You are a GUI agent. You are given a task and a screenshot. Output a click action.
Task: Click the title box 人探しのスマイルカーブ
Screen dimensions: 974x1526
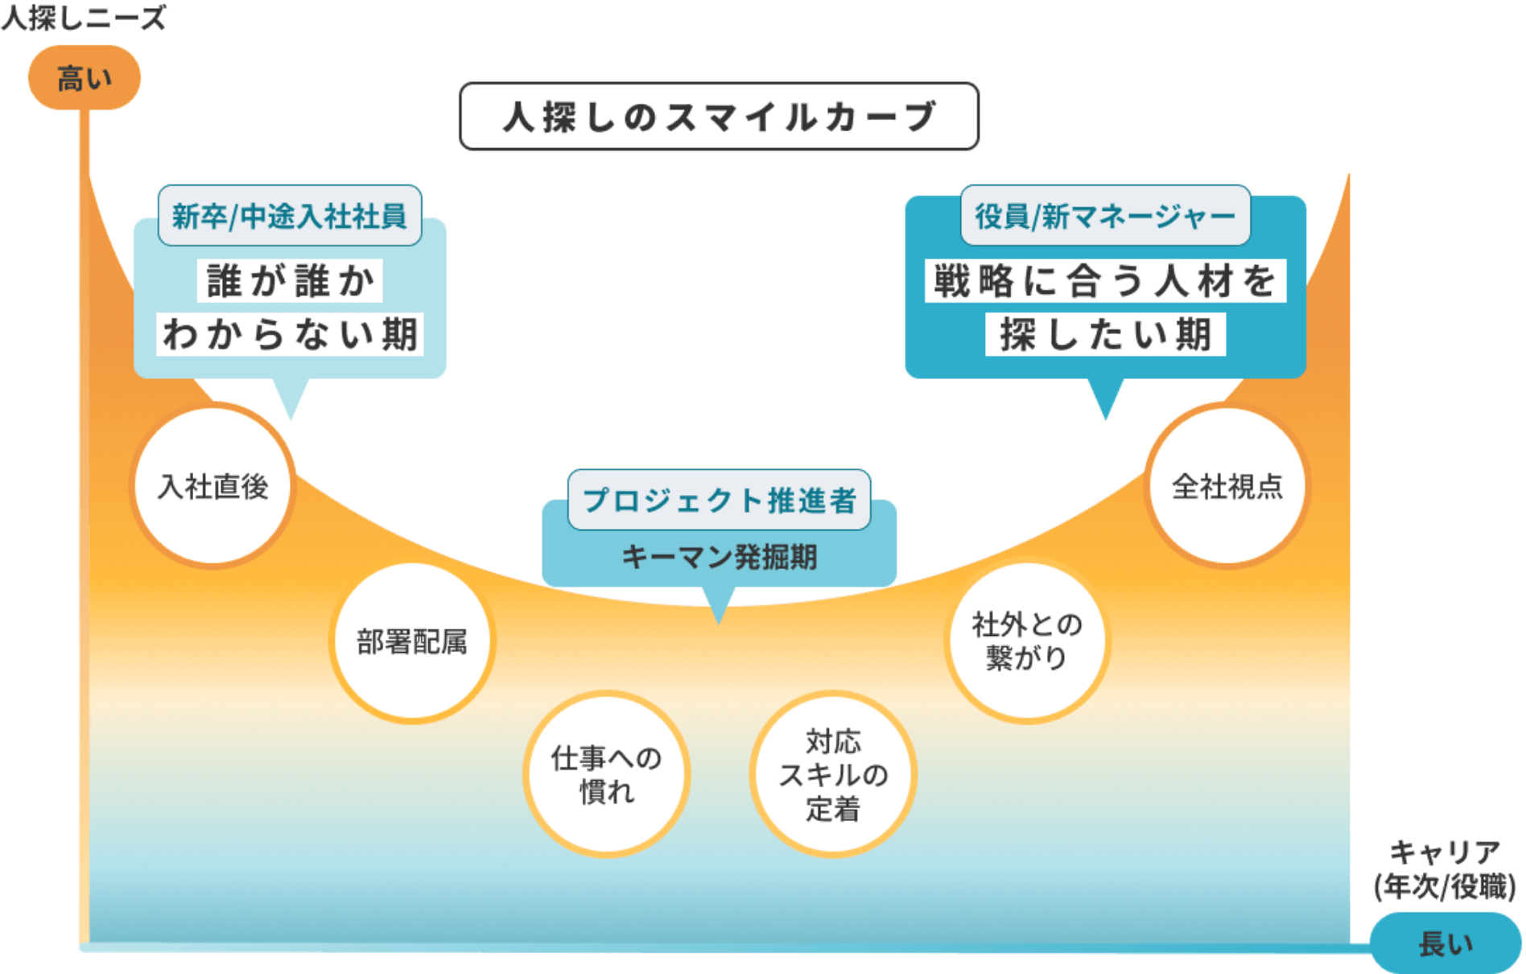718,117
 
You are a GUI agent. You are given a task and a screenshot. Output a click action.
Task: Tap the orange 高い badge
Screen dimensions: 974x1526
85,78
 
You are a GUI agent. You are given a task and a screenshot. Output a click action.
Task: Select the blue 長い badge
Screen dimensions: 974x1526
1446,943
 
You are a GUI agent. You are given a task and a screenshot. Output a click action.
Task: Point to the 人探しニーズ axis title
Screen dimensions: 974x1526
83,17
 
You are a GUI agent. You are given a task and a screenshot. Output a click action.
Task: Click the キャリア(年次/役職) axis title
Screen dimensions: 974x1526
1444,869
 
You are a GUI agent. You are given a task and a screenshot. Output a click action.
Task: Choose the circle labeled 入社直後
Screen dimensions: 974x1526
212,486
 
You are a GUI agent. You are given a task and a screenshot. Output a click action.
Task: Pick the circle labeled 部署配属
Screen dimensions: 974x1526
412,642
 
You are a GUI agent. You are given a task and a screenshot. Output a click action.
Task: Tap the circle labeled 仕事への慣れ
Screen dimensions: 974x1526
606,774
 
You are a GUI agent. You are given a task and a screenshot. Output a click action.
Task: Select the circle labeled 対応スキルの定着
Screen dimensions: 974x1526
833,774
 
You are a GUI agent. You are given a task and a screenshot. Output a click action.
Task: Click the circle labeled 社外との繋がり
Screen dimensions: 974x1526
1026,641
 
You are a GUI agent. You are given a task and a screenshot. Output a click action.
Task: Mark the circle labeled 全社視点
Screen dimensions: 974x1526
1227,486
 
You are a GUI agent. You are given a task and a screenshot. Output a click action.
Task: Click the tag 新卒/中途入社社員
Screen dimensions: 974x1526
290,216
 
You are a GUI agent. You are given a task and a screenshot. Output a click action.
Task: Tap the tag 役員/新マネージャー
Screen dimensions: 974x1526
1105,216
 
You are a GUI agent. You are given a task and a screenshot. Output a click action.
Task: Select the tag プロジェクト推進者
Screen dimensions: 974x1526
719,500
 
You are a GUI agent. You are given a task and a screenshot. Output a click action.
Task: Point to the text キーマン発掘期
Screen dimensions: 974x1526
719,556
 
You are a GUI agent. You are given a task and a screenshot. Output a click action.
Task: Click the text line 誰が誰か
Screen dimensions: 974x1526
290,281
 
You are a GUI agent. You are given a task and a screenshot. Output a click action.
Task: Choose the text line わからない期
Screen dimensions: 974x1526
290,334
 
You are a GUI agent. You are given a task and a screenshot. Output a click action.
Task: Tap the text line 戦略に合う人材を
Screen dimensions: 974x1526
1105,281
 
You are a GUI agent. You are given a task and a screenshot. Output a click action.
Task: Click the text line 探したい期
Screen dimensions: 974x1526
1105,334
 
